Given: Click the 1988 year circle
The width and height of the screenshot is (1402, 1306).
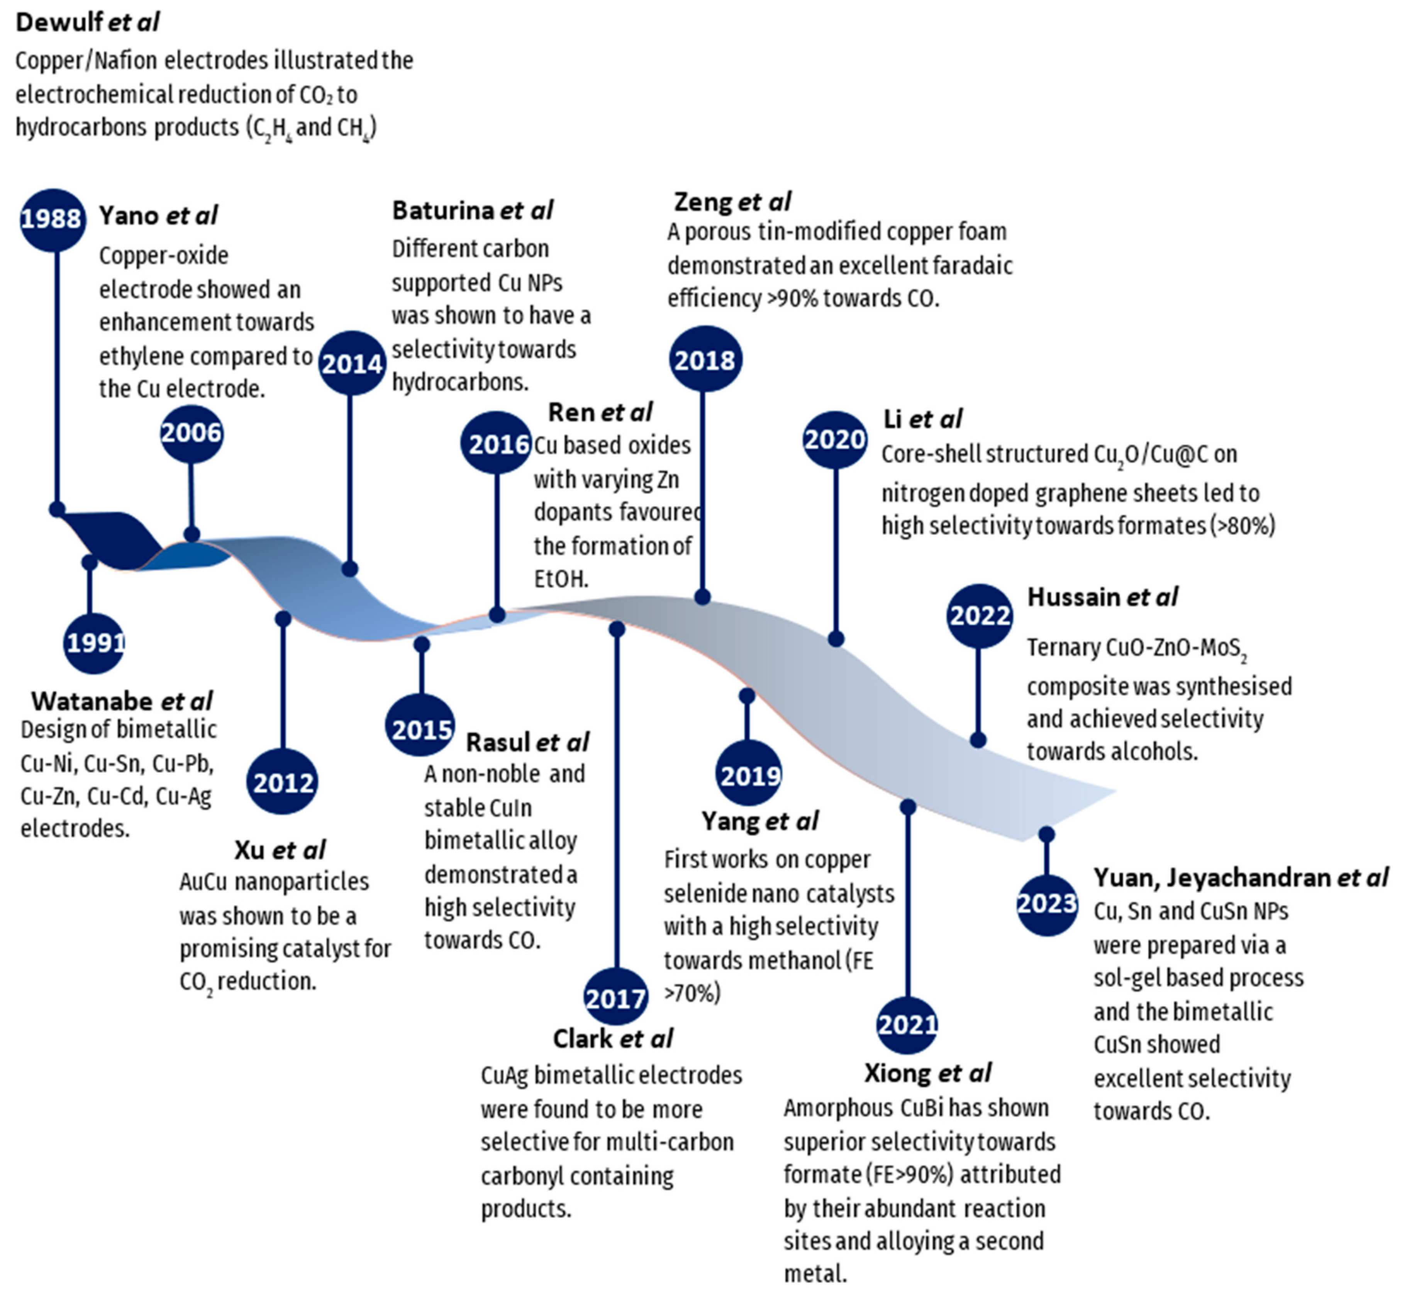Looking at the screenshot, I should pos(51,219).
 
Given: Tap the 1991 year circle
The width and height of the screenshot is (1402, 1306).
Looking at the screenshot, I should pos(94,643).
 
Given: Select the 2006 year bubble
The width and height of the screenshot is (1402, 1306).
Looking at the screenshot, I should pos(191,433).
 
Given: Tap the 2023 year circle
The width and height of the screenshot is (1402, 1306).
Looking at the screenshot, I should pos(1046,904).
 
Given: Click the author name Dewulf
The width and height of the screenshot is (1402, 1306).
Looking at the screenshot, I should pos(59,22).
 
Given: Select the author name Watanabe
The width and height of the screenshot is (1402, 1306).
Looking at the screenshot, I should pos(92,701).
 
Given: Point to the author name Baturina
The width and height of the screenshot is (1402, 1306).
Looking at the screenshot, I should pos(443,210).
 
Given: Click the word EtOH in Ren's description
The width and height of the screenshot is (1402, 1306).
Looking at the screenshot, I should pos(561,579).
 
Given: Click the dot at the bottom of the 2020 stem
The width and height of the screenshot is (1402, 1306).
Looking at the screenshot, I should pos(836,639).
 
